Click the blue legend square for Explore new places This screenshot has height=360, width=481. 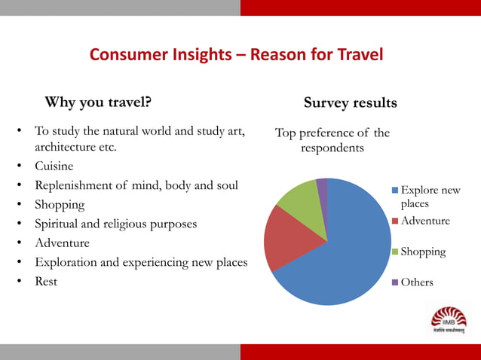pos(394,191)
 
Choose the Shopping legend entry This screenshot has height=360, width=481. pos(423,252)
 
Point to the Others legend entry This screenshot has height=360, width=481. pos(417,282)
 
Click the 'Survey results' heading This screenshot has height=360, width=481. pos(350,102)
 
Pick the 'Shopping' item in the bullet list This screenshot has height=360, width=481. pos(60,205)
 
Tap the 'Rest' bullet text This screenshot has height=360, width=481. pos(46,282)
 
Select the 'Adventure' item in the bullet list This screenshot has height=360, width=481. pos(62,243)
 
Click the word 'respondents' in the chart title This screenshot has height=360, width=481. pos(332,148)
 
